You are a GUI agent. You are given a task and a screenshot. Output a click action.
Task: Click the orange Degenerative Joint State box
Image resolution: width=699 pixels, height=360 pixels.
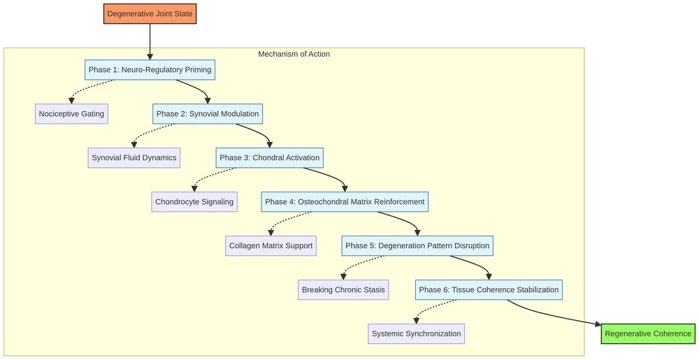150,13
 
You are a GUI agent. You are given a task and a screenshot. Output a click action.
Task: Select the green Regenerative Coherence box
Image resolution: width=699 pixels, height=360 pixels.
648,333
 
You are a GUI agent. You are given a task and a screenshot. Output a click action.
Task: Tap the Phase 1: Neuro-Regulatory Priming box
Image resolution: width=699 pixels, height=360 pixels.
150,70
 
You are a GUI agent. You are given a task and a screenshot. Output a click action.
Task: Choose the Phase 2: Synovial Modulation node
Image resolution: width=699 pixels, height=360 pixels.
208,114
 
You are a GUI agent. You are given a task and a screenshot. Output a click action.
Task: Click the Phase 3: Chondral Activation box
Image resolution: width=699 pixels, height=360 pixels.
269,158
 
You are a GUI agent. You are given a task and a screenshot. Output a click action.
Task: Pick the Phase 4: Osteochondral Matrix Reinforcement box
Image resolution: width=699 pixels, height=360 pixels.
345,202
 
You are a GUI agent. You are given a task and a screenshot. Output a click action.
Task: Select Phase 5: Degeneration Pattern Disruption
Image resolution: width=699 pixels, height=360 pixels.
418,246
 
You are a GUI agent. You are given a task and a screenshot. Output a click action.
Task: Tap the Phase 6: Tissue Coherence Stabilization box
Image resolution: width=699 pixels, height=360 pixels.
489,290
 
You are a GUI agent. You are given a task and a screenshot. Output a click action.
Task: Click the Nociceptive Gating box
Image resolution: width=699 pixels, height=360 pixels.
71,114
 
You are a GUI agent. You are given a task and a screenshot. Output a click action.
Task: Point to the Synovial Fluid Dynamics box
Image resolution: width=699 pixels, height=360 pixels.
134,158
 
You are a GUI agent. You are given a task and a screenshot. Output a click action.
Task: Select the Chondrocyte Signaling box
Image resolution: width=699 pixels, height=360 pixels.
195,202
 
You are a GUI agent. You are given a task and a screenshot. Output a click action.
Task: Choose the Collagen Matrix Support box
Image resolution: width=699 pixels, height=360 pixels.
271,246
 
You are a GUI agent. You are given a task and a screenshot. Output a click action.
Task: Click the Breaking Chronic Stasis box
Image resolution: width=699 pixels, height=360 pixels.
343,290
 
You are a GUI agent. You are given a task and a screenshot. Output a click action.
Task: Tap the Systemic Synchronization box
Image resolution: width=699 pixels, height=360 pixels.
417,333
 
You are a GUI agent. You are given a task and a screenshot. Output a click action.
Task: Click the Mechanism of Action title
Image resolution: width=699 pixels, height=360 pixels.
294,55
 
